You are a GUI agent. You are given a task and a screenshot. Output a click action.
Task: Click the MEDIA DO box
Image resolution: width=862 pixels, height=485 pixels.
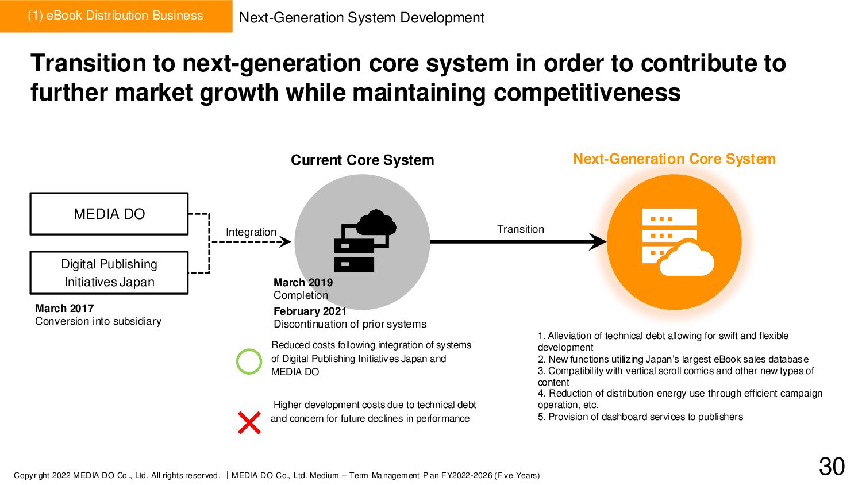click(x=109, y=214)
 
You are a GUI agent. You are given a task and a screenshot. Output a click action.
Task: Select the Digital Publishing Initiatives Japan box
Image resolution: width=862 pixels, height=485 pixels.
click(x=109, y=272)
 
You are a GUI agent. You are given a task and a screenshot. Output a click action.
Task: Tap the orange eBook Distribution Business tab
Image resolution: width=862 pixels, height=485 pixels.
click(x=116, y=16)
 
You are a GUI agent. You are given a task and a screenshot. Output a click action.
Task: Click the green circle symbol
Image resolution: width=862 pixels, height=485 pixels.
click(x=249, y=361)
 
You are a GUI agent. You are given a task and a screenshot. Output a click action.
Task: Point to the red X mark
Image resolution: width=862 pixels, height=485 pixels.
click(x=249, y=423)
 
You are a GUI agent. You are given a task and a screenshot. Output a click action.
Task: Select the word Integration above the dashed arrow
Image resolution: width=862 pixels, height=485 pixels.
click(x=251, y=232)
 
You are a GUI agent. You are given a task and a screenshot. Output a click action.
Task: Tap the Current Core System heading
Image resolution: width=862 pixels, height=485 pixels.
click(x=362, y=160)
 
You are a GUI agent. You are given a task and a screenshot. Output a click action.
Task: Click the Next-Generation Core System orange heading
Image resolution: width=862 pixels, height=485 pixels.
click(x=674, y=159)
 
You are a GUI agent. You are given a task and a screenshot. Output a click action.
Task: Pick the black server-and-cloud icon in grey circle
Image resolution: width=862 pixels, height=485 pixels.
click(x=364, y=241)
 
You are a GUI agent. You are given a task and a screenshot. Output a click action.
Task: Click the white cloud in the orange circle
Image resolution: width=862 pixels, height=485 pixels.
click(x=686, y=260)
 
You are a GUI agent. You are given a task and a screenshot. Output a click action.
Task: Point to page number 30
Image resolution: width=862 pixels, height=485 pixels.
click(x=832, y=467)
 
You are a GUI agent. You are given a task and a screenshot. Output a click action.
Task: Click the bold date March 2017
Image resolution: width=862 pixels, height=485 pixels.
click(x=64, y=308)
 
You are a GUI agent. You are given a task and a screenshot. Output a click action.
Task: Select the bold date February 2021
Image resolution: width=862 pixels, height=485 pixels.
click(x=310, y=311)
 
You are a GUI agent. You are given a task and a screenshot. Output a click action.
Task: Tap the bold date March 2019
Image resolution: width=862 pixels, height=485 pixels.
click(x=303, y=282)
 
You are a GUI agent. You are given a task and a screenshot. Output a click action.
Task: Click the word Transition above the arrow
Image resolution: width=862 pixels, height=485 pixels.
click(x=520, y=229)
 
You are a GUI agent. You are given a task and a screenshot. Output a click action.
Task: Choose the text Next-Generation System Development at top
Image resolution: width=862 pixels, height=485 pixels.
click(x=361, y=17)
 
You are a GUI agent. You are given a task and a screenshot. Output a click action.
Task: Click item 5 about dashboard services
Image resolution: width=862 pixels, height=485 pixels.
click(x=640, y=417)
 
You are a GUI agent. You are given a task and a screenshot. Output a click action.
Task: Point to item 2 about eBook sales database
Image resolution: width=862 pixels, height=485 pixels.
click(x=673, y=359)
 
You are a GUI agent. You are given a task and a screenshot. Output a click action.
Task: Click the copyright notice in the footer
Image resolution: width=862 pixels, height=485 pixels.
click(x=117, y=475)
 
